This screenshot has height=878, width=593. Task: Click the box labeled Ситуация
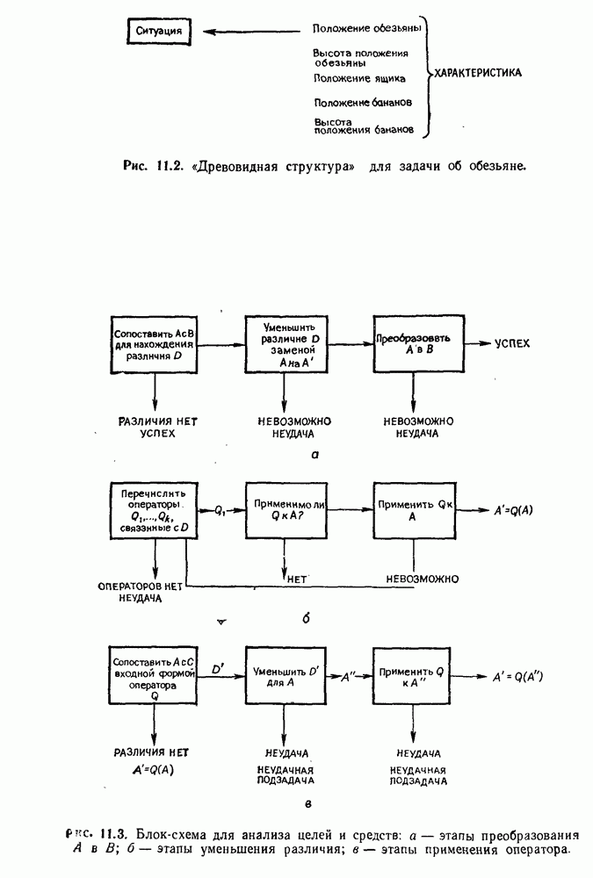pos(159,32)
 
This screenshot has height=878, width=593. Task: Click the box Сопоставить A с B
pos(155,343)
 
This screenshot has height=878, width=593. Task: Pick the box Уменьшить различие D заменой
pos(283,343)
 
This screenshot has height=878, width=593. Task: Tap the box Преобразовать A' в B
pos(413,343)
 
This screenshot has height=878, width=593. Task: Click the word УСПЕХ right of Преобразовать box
pos(513,343)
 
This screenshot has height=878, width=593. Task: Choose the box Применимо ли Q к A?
pos(283,510)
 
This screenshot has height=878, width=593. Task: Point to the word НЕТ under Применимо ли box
pos(295,579)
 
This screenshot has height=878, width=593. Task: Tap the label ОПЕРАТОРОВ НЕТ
pos(141,584)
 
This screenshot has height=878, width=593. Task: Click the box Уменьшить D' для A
pos(283,677)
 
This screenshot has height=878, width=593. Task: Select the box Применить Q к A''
pos(413,677)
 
